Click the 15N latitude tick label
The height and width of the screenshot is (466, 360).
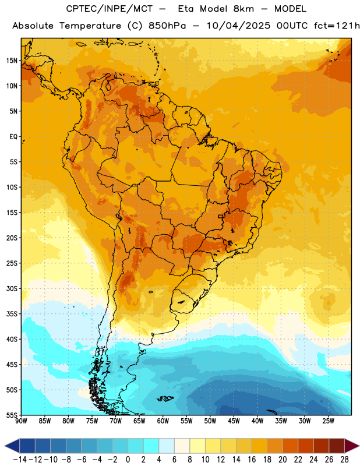(12, 61)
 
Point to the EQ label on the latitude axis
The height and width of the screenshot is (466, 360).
(13, 137)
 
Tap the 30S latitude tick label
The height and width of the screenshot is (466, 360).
(12, 288)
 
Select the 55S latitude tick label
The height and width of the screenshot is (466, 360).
(12, 415)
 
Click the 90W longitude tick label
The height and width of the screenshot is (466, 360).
(21, 421)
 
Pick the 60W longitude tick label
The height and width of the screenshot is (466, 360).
(163, 421)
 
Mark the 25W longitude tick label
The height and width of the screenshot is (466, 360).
(328, 421)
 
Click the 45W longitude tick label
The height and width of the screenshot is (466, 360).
(234, 421)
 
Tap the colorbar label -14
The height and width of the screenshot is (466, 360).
(20, 460)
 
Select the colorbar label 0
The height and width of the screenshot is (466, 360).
(128, 460)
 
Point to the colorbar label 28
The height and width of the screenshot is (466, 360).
(344, 460)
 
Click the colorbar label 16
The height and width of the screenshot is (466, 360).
(252, 460)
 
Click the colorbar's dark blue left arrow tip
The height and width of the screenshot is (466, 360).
(5, 446)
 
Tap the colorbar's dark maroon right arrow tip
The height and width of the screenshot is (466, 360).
(359, 446)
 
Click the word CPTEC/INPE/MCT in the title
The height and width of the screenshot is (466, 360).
(109, 9)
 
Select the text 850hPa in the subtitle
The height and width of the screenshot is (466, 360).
(167, 26)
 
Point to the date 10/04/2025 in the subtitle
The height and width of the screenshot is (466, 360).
(238, 26)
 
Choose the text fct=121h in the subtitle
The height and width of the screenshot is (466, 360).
(337, 26)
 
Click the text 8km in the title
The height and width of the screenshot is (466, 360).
(243, 9)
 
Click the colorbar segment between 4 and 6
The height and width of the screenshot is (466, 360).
(167, 446)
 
